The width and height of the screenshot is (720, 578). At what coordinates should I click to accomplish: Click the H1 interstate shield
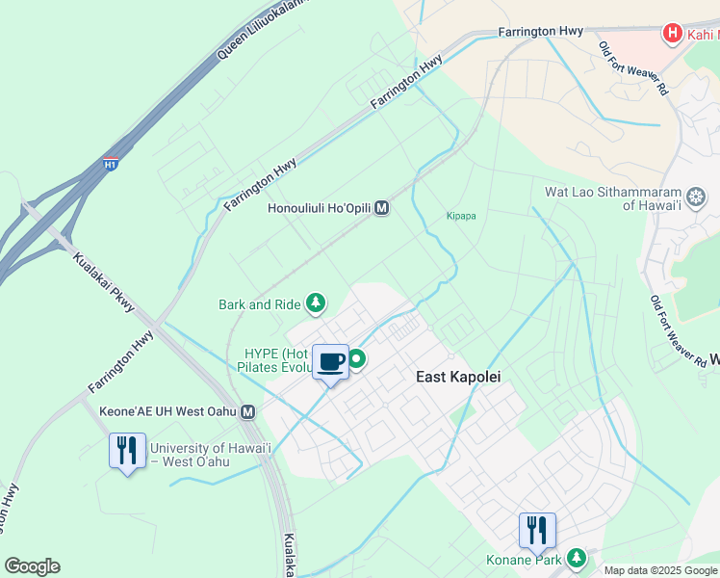click(111, 166)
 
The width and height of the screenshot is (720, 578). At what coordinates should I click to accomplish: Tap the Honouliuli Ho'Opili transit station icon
click(382, 207)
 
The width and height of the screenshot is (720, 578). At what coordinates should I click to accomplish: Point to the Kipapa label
click(462, 216)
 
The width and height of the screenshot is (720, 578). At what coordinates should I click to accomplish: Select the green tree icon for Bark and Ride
click(315, 304)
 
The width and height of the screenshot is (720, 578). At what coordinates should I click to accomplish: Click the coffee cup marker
click(330, 362)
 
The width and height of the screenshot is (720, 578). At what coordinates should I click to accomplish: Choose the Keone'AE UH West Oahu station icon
click(248, 411)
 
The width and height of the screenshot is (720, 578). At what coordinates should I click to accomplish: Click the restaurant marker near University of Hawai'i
click(127, 451)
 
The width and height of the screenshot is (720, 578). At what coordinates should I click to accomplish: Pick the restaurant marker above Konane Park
click(537, 530)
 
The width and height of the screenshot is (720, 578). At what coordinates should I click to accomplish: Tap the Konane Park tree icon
click(577, 558)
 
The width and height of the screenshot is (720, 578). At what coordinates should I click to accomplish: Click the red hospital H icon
click(673, 34)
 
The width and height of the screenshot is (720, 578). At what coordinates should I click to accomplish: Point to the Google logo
click(32, 566)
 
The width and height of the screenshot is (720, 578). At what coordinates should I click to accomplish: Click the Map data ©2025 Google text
click(660, 570)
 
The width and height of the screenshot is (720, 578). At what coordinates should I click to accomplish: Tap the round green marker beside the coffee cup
click(357, 360)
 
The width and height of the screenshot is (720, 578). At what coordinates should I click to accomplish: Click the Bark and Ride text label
click(258, 304)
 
